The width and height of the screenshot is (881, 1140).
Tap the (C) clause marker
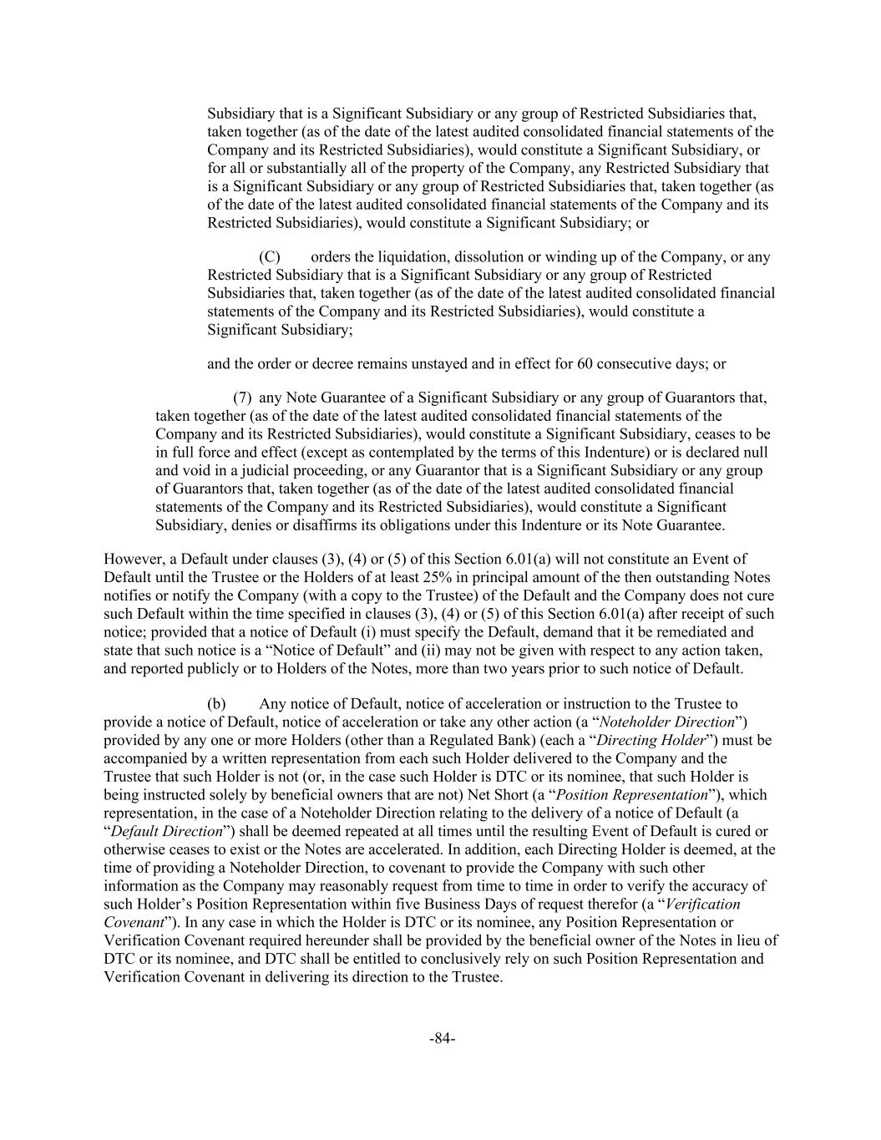(x=269, y=256)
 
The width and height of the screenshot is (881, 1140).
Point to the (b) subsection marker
(x=216, y=704)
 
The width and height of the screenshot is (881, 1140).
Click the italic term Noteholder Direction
(x=667, y=722)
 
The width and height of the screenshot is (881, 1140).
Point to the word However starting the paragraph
(x=134, y=559)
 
